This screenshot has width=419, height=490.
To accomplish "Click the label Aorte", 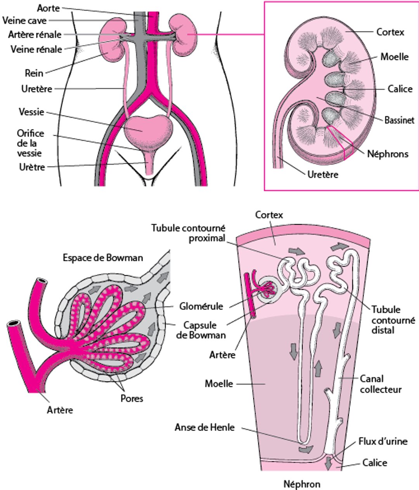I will [48, 8].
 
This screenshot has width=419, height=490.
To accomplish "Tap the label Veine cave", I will [24, 21].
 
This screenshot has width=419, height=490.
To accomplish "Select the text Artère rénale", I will [35, 35].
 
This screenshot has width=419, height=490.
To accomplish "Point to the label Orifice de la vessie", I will [30, 143].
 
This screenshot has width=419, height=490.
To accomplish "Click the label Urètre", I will [32, 167].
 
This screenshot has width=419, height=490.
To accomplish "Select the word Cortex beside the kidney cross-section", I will [390, 32].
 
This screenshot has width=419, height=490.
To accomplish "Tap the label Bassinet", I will [399, 120].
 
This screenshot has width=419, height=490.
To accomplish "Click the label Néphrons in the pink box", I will [388, 154].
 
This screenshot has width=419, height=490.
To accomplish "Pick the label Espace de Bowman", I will [103, 258].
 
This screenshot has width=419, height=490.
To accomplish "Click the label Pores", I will [132, 398].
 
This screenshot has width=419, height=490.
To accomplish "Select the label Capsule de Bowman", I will [200, 330].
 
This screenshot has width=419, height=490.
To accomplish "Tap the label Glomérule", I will [201, 306].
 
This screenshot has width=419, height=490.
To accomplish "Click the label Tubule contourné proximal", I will [188, 233].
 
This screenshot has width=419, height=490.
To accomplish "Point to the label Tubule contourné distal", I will [393, 320].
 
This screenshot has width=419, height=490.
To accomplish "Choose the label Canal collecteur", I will [381, 384].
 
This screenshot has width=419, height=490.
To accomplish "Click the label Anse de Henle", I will [204, 428].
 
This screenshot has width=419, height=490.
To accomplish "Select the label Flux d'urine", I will [383, 441].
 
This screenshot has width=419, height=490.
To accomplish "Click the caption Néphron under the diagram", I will [302, 484].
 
